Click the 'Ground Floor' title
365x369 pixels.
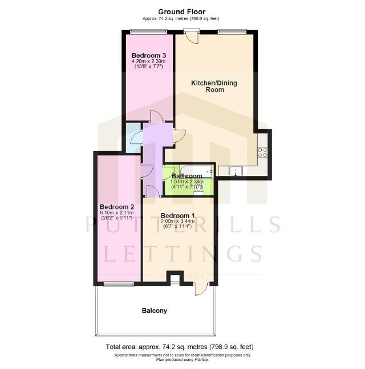(x=182, y=11)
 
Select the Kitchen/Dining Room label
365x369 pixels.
(x=214, y=86)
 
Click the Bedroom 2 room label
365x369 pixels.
(x=117, y=206)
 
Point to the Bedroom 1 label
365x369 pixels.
(x=178, y=215)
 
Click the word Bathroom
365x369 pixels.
(x=188, y=176)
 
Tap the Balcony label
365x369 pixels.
(x=155, y=310)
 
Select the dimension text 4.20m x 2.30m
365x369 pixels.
(x=148, y=61)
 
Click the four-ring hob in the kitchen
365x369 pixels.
(x=263, y=151)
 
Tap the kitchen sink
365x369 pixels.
(x=236, y=170)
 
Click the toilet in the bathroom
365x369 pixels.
(x=199, y=192)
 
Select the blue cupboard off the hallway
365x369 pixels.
(x=133, y=138)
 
